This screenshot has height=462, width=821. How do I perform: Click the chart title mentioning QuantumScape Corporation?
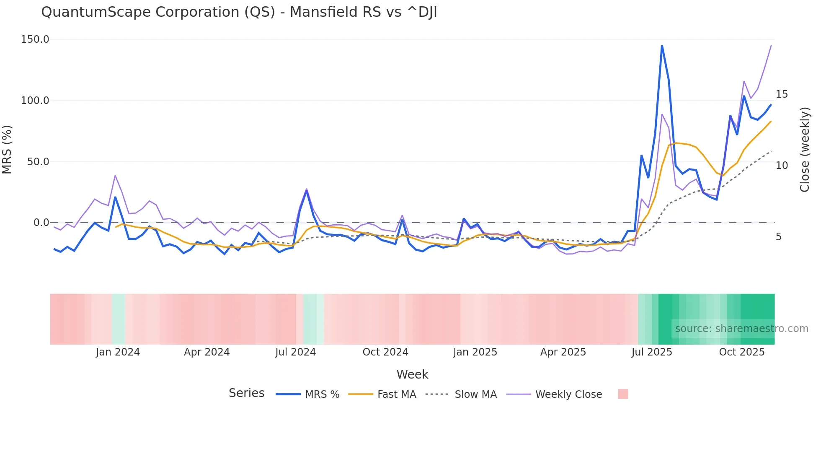(239, 12)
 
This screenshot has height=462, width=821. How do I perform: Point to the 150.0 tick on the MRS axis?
(35, 39)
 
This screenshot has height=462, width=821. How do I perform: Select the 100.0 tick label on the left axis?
(35, 101)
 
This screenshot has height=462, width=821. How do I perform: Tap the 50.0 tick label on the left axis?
(38, 162)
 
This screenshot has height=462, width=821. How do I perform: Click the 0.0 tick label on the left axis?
(41, 223)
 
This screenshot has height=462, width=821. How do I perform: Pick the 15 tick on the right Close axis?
(782, 94)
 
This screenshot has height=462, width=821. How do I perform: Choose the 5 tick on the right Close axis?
(779, 237)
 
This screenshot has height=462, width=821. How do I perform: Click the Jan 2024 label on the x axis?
(118, 352)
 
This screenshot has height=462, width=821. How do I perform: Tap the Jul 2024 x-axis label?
(295, 352)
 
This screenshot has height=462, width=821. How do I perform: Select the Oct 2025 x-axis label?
(741, 352)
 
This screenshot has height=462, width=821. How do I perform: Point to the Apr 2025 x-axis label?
(563, 352)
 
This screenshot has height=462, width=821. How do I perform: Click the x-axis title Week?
(412, 374)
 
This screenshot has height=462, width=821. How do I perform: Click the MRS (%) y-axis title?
(7, 150)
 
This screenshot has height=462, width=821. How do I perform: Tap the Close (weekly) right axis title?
(804, 150)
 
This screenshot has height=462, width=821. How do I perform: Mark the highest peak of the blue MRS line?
(662, 46)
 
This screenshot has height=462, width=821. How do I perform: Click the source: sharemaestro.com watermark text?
(741, 329)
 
